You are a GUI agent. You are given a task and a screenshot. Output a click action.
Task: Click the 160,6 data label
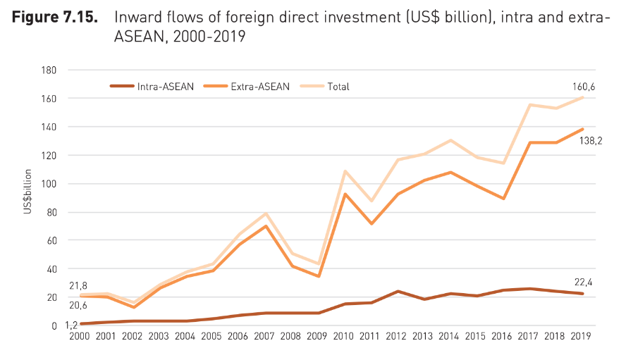coord(584,87)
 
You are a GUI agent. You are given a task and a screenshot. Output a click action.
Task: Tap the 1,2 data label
coord(70,325)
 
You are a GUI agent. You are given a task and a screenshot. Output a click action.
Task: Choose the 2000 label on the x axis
coord(80,336)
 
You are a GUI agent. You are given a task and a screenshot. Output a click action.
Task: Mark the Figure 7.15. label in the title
coord(54,17)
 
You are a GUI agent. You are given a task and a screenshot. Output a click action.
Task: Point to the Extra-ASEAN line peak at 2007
coord(266,225)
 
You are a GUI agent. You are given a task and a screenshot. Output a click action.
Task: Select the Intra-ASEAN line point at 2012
coord(398,291)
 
